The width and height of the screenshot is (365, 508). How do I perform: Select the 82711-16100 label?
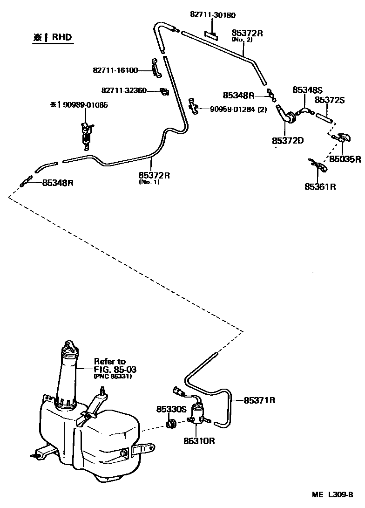115,70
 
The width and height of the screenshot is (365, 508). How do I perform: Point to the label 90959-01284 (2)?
238,110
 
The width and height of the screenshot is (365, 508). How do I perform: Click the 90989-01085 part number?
82,105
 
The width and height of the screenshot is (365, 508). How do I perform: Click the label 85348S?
308,89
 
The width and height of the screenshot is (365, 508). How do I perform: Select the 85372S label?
330,100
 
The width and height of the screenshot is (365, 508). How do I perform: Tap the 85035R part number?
345,159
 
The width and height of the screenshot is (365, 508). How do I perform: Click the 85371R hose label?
260,400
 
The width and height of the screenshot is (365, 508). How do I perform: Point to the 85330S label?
171,409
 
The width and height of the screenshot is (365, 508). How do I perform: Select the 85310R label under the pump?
199,440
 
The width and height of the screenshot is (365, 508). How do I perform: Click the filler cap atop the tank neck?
69,347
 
